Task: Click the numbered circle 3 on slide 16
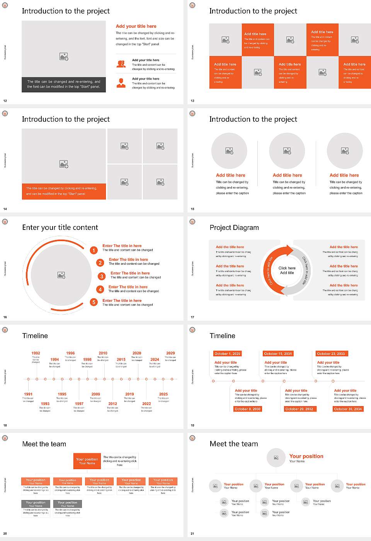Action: [102, 276]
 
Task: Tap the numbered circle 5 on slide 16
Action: [94, 302]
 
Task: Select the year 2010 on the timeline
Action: [103, 353]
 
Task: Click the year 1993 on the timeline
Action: [45, 403]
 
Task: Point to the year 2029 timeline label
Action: [170, 353]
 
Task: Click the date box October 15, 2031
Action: [278, 354]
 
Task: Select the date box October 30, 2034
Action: [348, 409]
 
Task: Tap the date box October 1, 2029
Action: [227, 354]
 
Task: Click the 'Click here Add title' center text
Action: [287, 270]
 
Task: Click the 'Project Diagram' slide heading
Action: [234, 228]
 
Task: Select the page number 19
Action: [192, 425]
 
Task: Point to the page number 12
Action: [5, 101]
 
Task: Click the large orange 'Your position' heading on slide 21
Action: [306, 456]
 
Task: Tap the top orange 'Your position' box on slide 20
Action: [87, 461]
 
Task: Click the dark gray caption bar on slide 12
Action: [64, 84]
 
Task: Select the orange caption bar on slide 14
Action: [64, 191]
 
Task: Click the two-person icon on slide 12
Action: [121, 64]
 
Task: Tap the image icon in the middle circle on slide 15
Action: [287, 151]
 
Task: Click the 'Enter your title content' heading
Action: [60, 228]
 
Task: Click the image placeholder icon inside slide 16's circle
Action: [61, 275]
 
